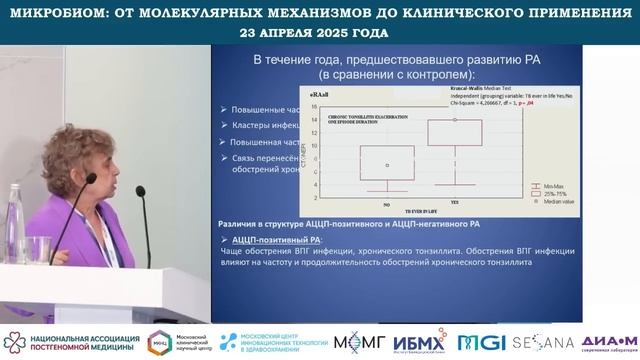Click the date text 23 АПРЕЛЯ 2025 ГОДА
(315, 31)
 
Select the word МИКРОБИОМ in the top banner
(56, 11)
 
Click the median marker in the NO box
(387, 164)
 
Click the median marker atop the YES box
(455, 120)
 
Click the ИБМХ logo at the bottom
(414, 342)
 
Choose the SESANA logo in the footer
(543, 342)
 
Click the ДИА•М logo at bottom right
(607, 340)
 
